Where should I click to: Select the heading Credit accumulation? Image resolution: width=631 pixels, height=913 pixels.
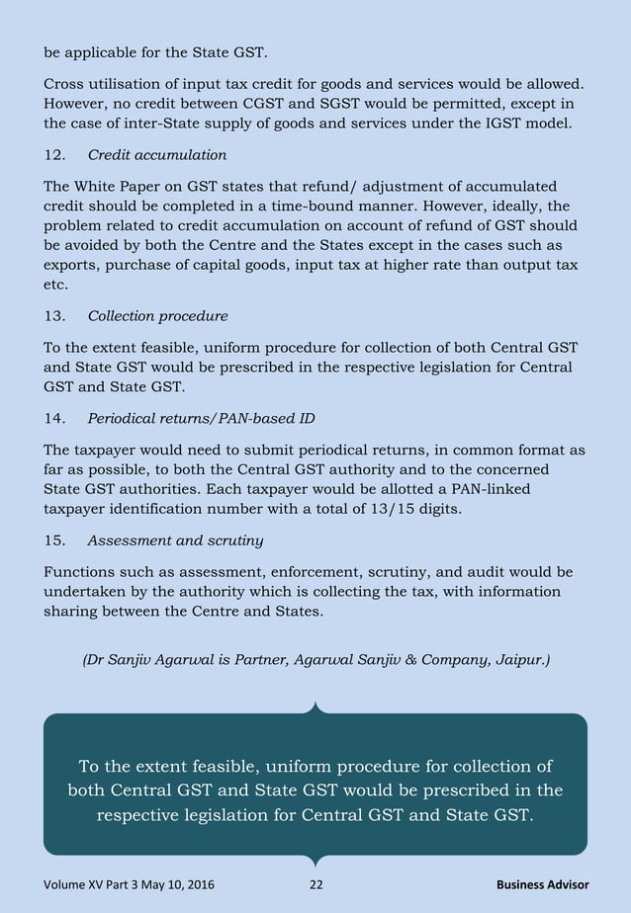tap(157, 155)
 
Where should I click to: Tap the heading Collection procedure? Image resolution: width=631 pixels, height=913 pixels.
tap(157, 316)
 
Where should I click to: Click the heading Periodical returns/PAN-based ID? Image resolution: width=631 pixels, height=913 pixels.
tap(202, 418)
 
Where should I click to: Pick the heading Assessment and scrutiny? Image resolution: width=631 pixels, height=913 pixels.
tap(175, 541)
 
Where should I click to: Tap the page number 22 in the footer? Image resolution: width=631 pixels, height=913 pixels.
tap(315, 884)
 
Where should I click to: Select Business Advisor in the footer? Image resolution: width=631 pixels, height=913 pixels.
tap(542, 884)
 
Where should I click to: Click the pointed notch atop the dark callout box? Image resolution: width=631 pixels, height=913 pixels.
tap(315, 707)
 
